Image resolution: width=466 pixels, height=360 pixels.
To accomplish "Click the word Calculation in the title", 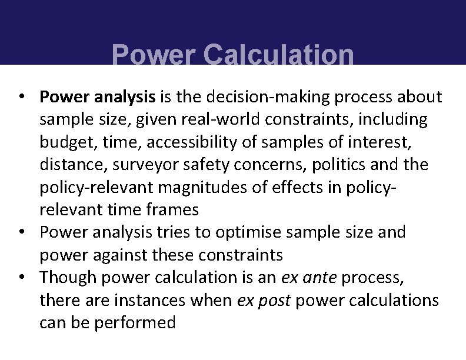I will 279,56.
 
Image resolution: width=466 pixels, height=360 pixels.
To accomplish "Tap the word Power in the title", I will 154,56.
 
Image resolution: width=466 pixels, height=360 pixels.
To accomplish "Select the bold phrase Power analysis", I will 98,96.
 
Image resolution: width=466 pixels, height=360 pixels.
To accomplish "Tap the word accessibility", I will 197,142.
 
